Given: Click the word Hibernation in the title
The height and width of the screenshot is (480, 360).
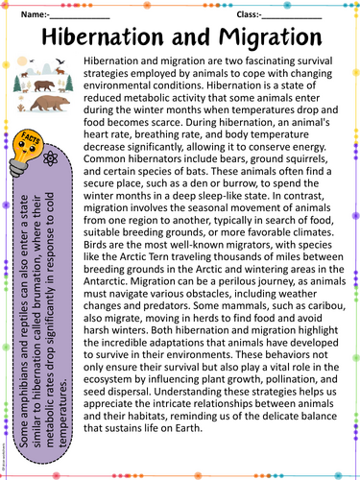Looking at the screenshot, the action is [x=104, y=37].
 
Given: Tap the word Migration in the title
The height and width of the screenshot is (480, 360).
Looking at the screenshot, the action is [x=267, y=37].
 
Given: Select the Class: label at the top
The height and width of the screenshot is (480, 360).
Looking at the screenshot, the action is [x=251, y=14].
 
